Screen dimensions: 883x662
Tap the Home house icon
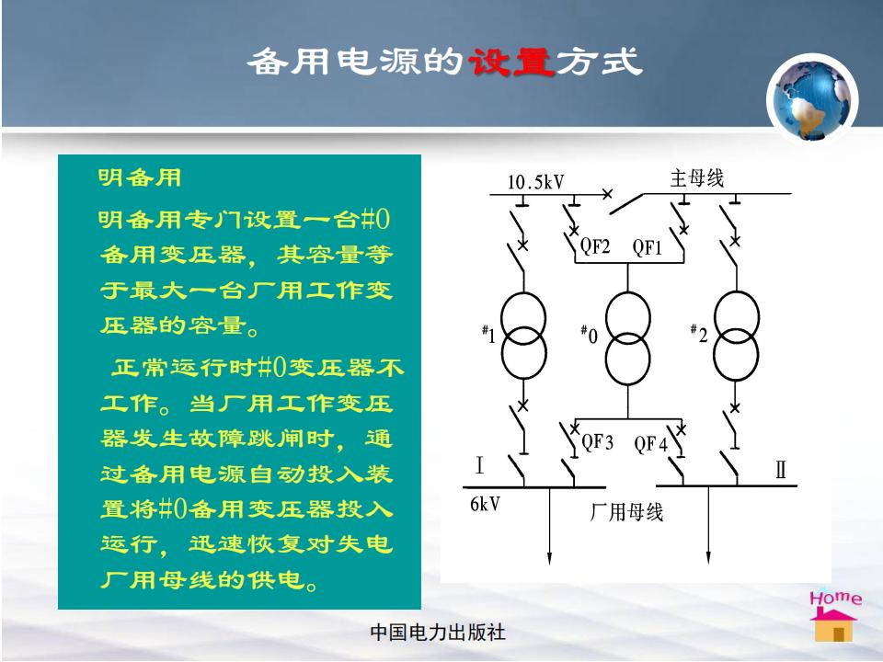(x=834, y=616)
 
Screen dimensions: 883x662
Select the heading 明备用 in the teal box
(x=140, y=177)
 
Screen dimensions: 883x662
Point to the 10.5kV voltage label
(x=535, y=182)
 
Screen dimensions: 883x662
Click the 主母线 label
(x=696, y=177)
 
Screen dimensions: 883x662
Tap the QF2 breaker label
(x=595, y=246)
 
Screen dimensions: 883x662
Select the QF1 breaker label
(x=647, y=246)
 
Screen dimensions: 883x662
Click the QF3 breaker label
(x=597, y=442)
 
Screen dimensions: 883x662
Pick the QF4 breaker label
(x=650, y=444)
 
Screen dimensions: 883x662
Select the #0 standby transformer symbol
(x=628, y=337)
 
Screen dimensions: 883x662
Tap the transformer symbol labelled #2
(x=736, y=336)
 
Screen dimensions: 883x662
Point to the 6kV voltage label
(x=485, y=504)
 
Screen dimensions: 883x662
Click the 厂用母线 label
(x=626, y=512)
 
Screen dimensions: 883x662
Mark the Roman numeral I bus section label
(x=479, y=465)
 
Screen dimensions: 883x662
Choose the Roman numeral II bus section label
(x=781, y=469)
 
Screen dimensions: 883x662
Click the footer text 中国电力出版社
(x=438, y=633)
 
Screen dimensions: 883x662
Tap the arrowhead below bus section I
(x=549, y=557)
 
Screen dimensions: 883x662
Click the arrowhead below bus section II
(x=708, y=557)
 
